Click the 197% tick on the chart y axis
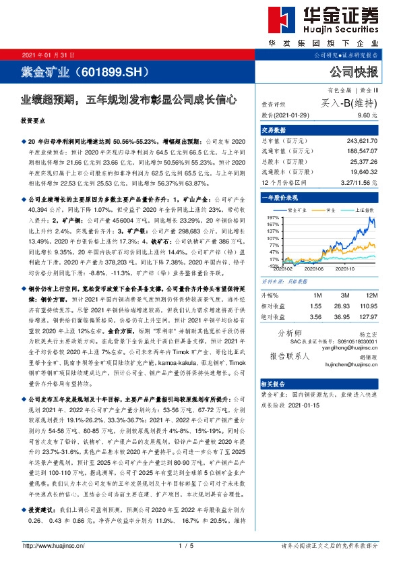[x=272, y=219]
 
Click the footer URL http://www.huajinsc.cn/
[x=53, y=546]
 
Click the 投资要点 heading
[x=35, y=121]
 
